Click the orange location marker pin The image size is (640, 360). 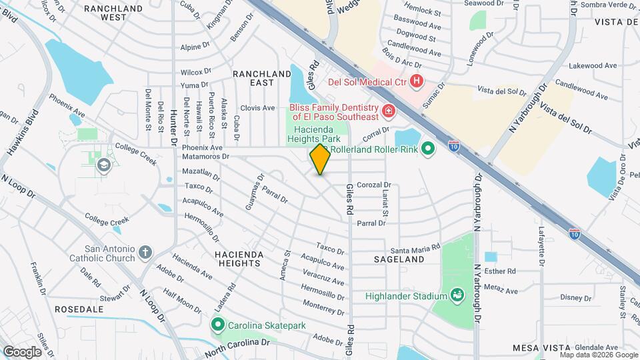click(320, 159)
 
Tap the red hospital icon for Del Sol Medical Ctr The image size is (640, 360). click(417, 82)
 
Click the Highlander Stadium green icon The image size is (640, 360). click(457, 295)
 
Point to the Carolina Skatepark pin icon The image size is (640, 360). click(217, 325)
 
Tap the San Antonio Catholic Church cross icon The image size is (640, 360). click(145, 253)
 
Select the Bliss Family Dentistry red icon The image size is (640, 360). click(387, 111)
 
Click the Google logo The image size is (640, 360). click(23, 351)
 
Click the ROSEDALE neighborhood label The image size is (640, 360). click(78, 309)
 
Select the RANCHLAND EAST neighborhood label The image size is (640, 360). click(253, 77)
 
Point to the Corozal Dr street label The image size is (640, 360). click(373, 185)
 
